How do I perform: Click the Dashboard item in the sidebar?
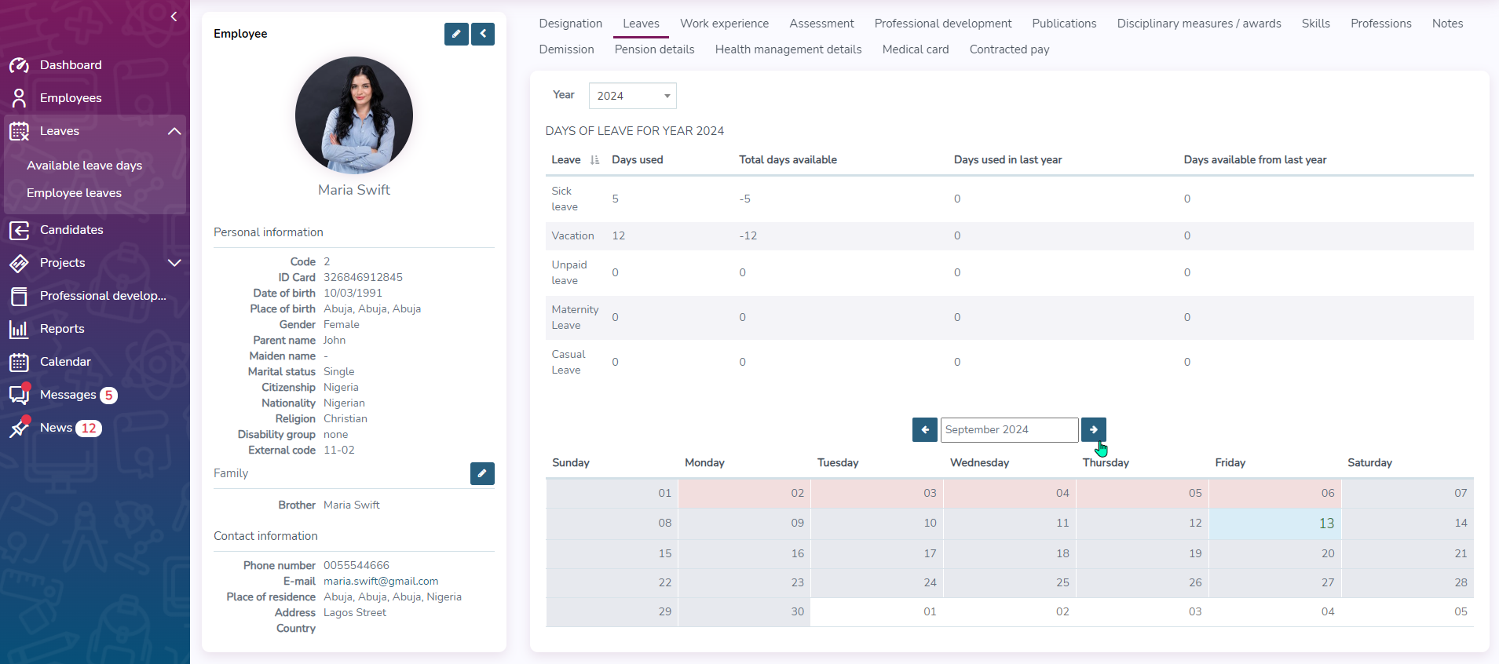(70, 65)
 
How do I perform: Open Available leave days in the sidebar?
(84, 166)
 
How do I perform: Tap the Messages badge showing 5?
(109, 396)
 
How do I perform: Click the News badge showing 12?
(89, 429)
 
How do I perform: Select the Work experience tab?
(724, 24)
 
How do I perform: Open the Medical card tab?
(915, 49)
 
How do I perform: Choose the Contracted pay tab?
(1009, 49)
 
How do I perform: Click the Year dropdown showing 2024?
(632, 96)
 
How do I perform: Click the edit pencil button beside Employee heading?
(456, 34)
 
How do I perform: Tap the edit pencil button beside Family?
(482, 473)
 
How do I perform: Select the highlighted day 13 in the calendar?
(1326, 524)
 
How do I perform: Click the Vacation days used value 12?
(619, 236)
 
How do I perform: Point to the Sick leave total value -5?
(744, 199)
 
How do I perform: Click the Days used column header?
(637, 160)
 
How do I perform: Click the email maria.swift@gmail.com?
(381, 582)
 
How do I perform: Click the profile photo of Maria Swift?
(354, 115)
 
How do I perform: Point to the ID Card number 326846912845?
(363, 278)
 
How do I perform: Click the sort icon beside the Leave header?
(594, 160)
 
